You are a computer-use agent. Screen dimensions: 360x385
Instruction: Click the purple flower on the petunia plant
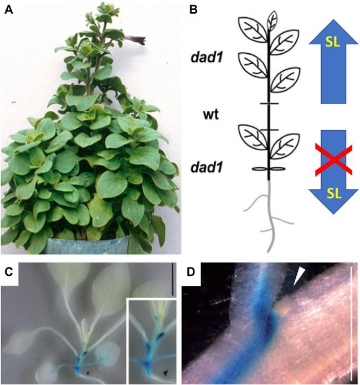coord(135,39)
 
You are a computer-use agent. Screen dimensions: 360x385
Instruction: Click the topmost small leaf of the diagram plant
coord(272,20)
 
